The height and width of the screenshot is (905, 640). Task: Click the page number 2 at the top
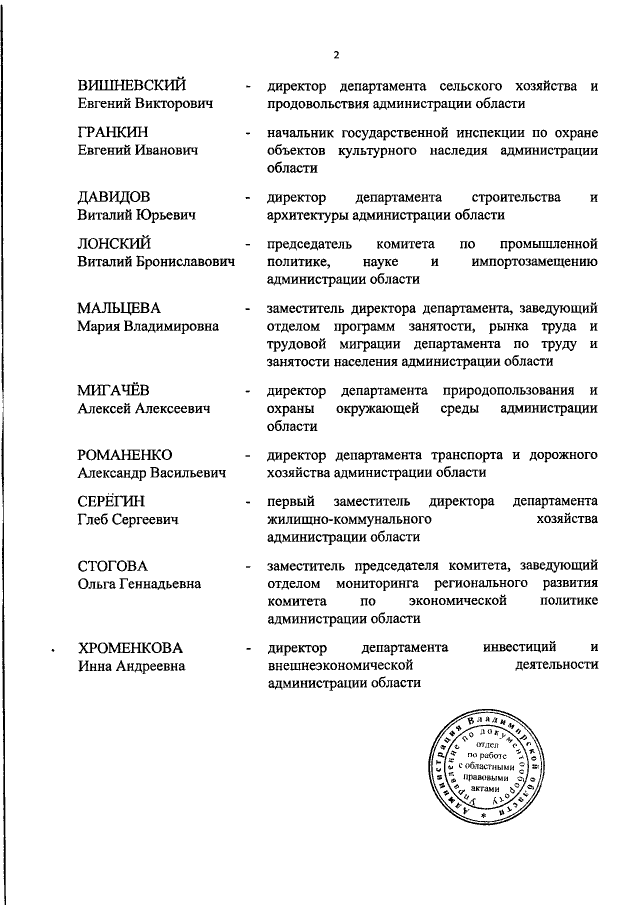click(x=336, y=55)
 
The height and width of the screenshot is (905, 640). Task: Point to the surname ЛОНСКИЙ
click(x=114, y=243)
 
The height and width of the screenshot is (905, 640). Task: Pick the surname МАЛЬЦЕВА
click(x=120, y=308)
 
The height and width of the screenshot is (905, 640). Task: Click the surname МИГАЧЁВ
click(x=114, y=391)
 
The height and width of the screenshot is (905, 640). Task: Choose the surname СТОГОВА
click(x=112, y=565)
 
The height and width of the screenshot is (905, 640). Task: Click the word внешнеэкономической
click(x=341, y=666)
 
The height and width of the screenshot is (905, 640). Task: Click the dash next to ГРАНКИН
click(x=247, y=132)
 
